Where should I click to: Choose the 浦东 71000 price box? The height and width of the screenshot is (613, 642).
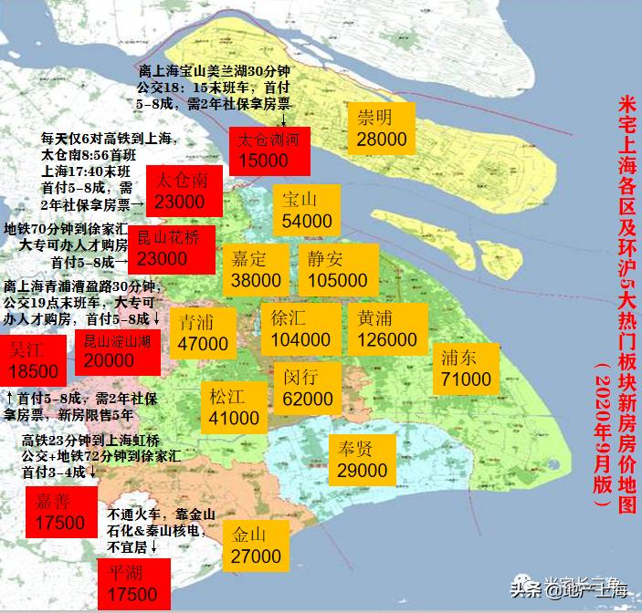point(466,367)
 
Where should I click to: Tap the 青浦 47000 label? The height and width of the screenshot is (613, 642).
point(203,332)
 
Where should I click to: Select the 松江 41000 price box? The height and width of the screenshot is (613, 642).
point(234,407)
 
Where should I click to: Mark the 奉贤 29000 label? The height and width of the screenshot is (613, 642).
point(362,459)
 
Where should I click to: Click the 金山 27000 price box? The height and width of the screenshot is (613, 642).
point(256,544)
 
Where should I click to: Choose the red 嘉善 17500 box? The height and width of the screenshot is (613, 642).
point(60,512)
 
